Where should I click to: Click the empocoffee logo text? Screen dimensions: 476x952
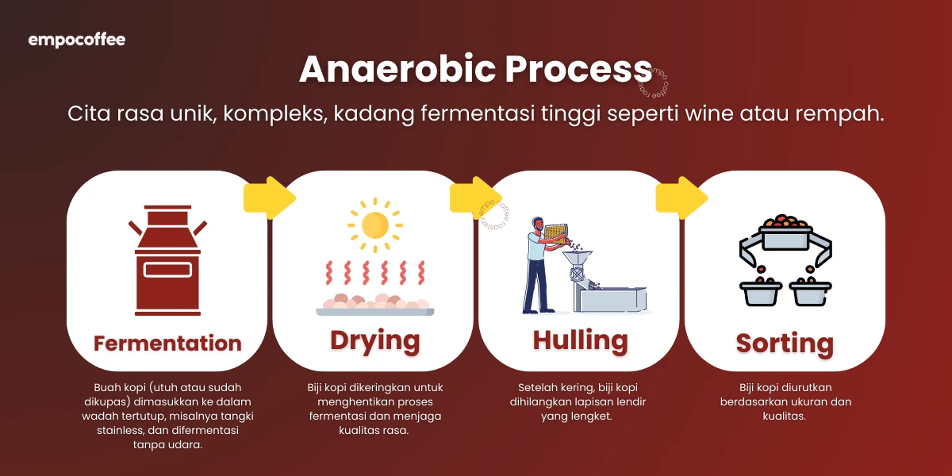click(77, 40)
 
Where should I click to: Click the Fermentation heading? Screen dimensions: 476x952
click(167, 344)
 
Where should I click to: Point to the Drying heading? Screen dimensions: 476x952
click(374, 340)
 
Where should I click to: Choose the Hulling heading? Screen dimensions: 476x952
click(580, 340)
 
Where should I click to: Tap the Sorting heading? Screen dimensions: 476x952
click(785, 344)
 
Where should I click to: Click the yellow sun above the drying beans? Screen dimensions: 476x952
click(374, 225)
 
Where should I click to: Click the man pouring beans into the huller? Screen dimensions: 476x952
click(539, 262)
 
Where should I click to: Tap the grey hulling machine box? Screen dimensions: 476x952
click(611, 299)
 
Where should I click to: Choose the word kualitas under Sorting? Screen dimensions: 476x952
click(785, 416)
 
